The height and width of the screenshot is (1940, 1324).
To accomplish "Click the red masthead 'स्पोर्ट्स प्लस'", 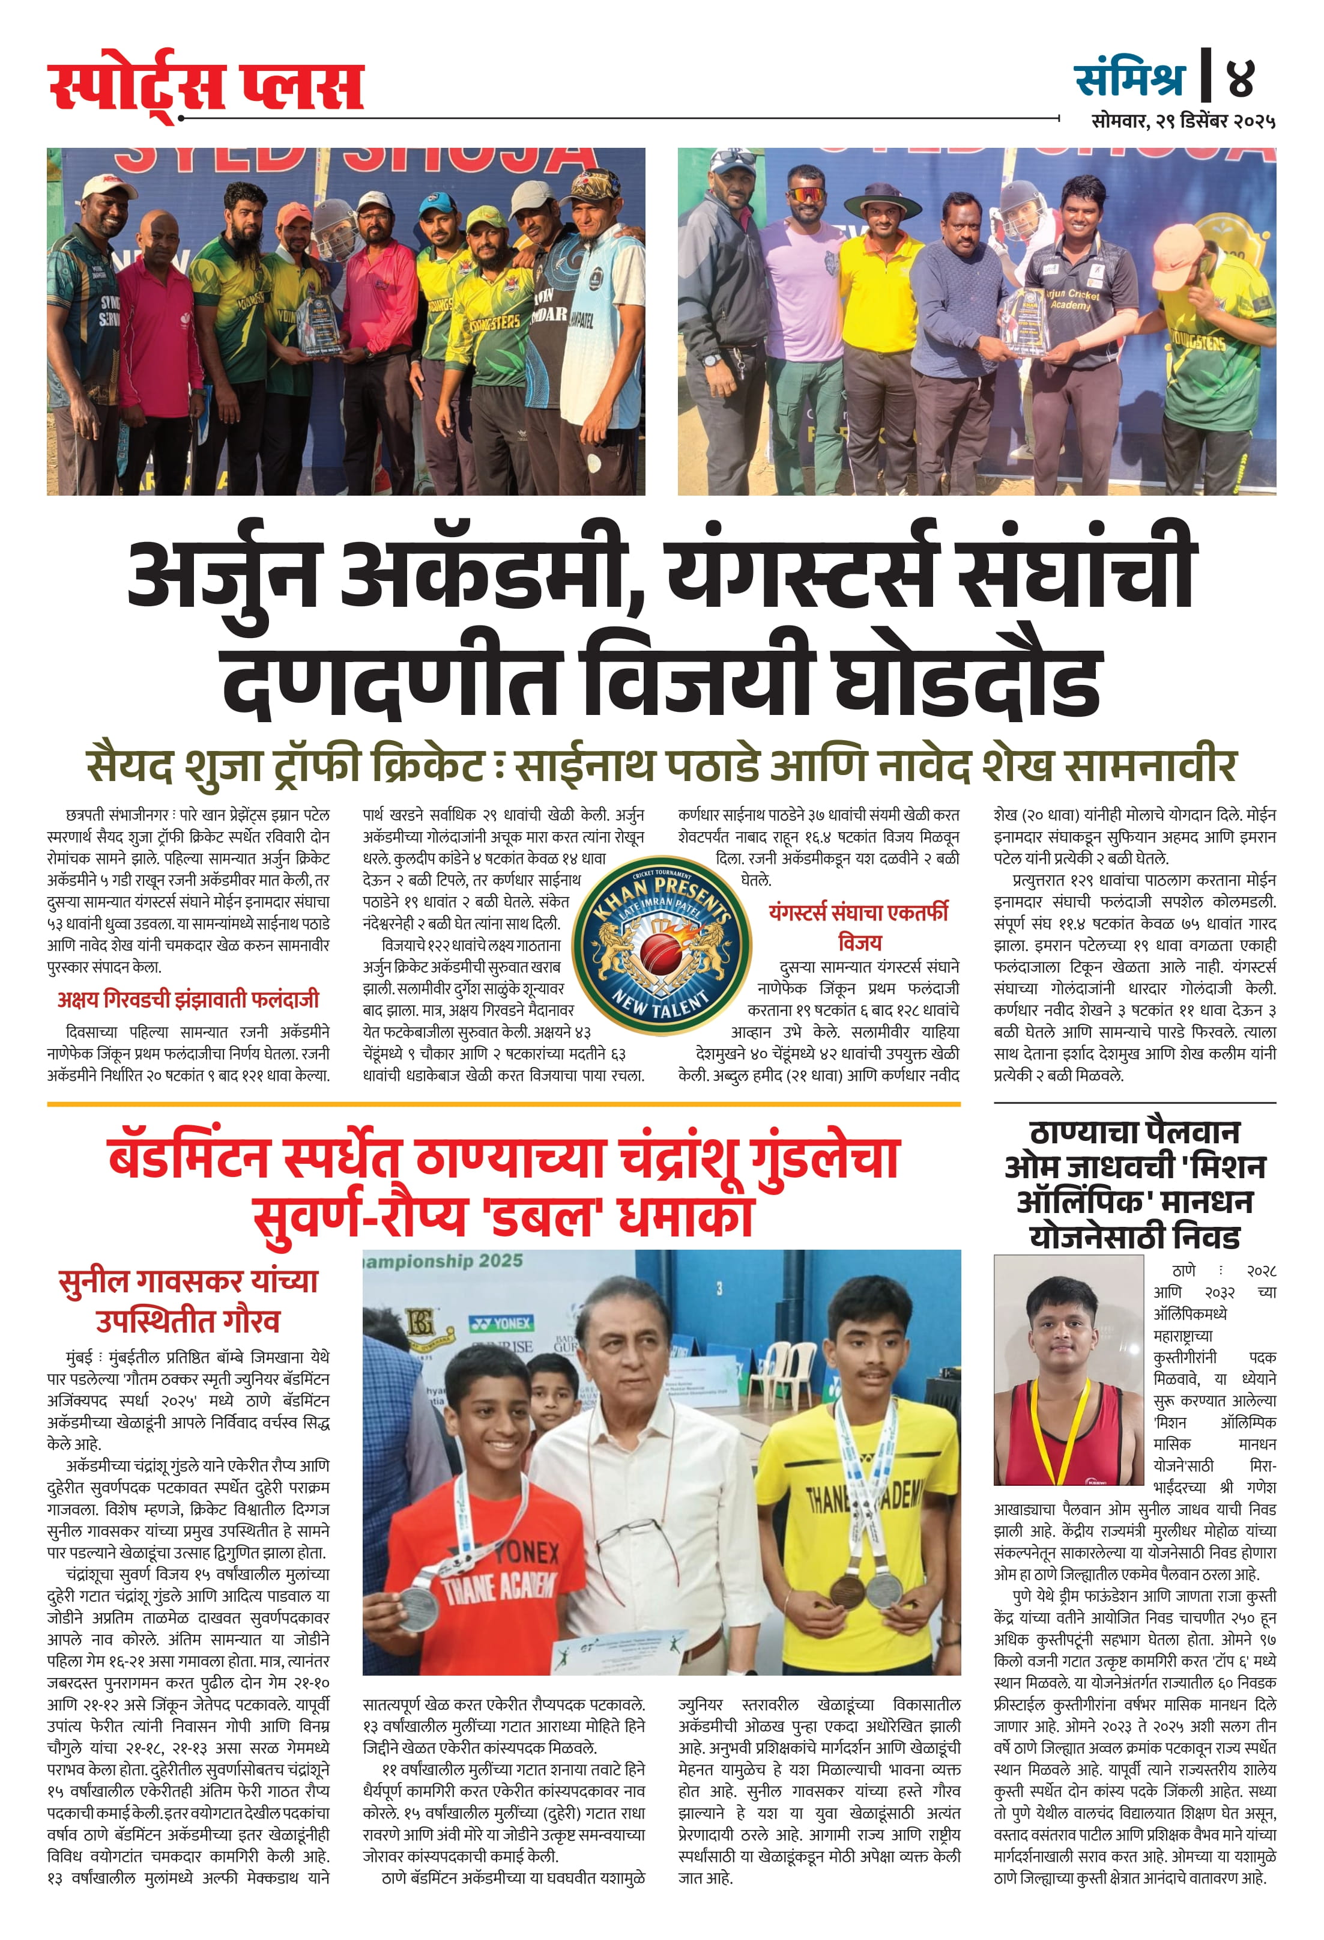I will [205, 85].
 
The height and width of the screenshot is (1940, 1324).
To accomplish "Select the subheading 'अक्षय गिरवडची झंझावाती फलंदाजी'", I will [188, 999].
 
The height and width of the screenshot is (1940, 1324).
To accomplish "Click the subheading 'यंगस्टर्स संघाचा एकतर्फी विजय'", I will [859, 926].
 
